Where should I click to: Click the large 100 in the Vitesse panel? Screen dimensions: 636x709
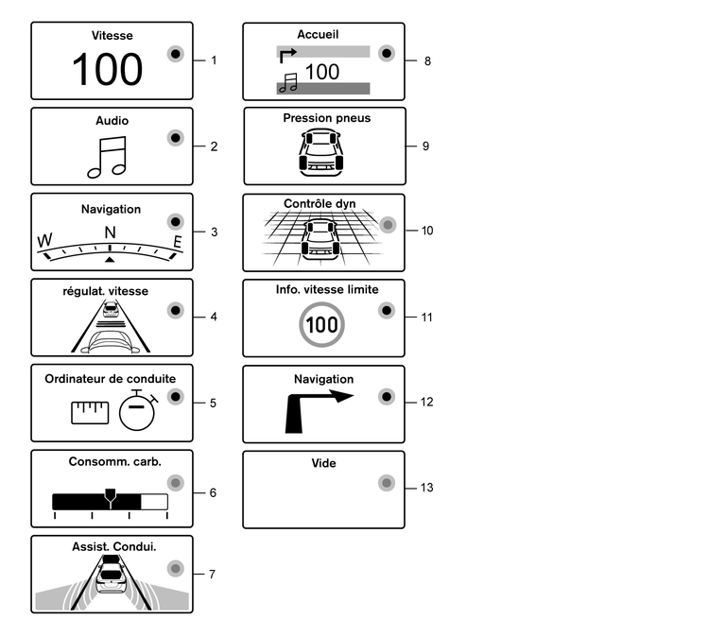pyautogui.click(x=108, y=70)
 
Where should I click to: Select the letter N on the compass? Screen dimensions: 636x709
pyautogui.click(x=111, y=232)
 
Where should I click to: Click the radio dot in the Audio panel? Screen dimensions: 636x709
pyautogui.click(x=174, y=139)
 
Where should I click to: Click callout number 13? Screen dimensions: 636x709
pyautogui.click(x=427, y=488)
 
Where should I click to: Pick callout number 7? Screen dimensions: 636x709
pyautogui.click(x=213, y=574)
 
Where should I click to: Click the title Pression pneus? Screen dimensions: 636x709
pyautogui.click(x=327, y=118)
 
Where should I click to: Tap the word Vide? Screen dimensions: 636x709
pyautogui.click(x=323, y=463)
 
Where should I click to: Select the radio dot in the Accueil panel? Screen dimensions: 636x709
pyautogui.click(x=385, y=53)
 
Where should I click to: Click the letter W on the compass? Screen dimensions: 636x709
pyautogui.click(x=43, y=241)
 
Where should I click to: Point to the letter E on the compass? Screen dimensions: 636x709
pyautogui.click(x=177, y=243)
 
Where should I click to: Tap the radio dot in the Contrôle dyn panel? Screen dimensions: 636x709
pyautogui.click(x=386, y=225)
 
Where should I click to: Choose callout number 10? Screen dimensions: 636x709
pyautogui.click(x=427, y=230)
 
